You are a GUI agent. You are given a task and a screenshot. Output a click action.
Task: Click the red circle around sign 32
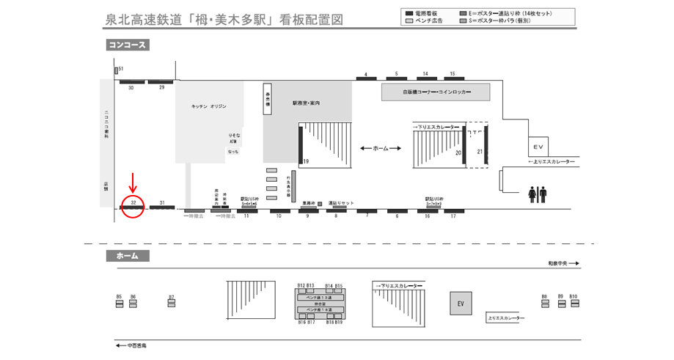(133, 205)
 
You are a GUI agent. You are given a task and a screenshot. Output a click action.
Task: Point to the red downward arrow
(133, 180)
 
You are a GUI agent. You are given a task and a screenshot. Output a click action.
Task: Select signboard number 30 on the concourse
(131, 81)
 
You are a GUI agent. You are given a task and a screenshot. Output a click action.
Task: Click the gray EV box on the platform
(461, 304)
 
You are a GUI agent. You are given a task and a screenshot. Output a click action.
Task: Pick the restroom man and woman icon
(537, 194)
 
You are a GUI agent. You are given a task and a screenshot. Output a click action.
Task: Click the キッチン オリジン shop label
(208, 106)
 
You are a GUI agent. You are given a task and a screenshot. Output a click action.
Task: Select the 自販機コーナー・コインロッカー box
(436, 93)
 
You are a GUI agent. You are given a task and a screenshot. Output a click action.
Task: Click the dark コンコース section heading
(128, 45)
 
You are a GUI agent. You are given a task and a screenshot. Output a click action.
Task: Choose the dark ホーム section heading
(128, 256)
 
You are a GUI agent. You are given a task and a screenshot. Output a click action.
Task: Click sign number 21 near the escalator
(480, 152)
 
